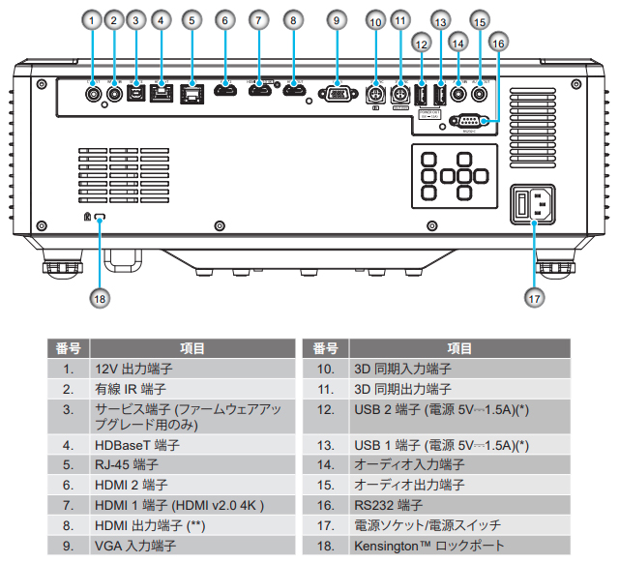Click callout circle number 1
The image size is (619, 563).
(92, 19)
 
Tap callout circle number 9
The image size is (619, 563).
(336, 19)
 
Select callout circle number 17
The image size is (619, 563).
(535, 298)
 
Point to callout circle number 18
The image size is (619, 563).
(101, 298)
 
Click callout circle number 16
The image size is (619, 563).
(498, 43)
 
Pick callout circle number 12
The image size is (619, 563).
(421, 44)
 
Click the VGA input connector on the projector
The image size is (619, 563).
(336, 94)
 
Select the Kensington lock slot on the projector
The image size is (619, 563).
(100, 219)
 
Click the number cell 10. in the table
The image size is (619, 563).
(326, 370)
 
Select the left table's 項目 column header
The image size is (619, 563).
(192, 349)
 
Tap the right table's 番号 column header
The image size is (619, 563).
(326, 349)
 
